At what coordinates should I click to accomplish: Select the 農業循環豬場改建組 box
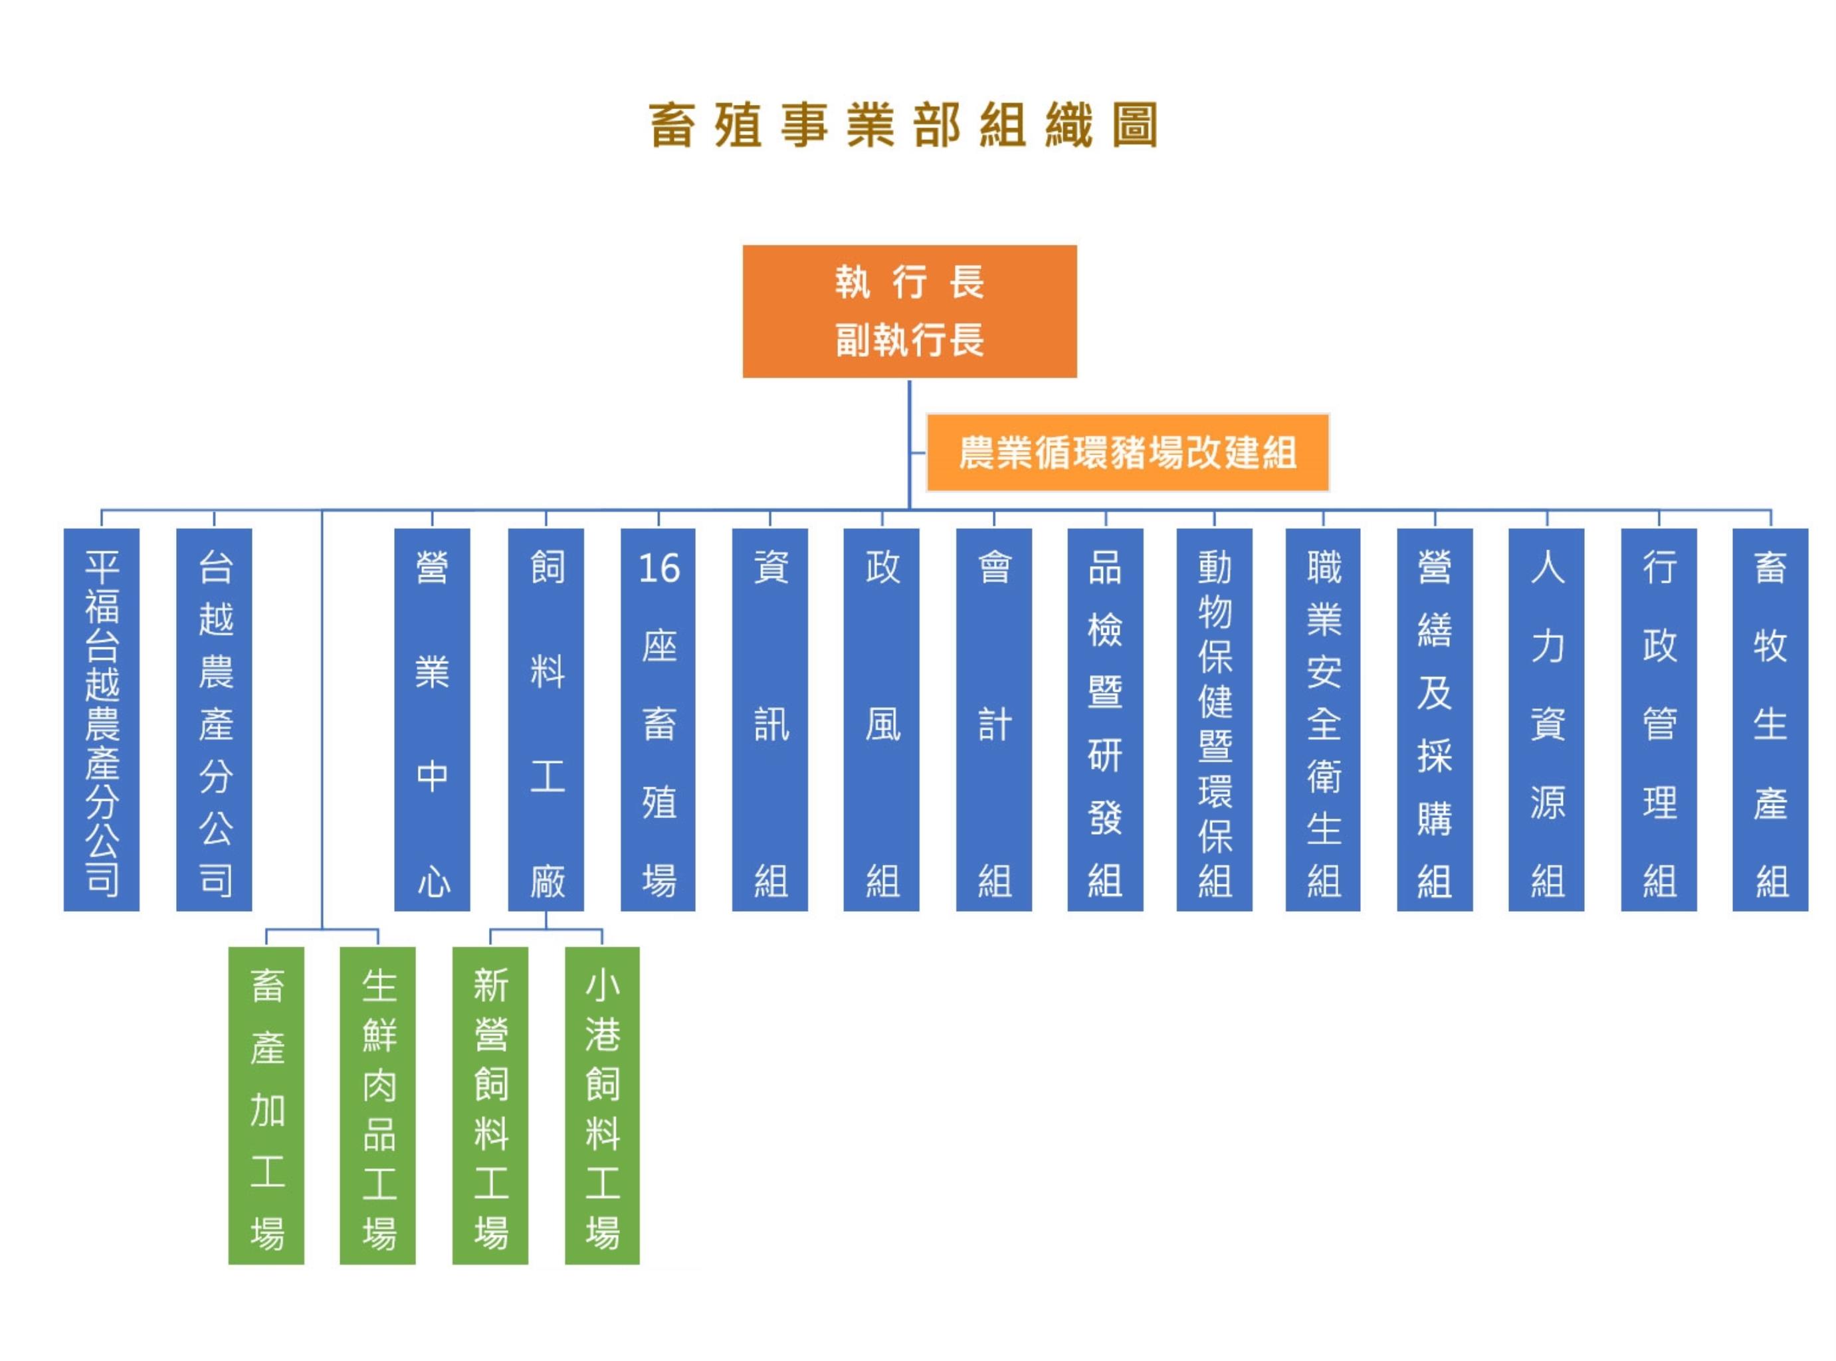tap(1127, 453)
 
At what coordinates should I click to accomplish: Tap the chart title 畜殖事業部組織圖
tap(904, 125)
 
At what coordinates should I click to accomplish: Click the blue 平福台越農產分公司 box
tap(101, 719)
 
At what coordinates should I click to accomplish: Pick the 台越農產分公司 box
tap(214, 719)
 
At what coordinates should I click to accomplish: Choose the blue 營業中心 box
tap(432, 719)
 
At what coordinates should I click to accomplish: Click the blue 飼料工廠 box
tap(546, 719)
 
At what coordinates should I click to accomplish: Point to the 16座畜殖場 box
tap(657, 719)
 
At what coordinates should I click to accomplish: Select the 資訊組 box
tap(769, 719)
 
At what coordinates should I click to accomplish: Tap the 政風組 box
tap(880, 719)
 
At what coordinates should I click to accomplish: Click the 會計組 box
tap(993, 719)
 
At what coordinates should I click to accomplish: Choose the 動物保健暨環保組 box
tap(1214, 719)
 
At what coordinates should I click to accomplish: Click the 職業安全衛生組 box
tap(1323, 719)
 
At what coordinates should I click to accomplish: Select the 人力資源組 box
tap(1546, 719)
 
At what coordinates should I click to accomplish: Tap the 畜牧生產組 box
tap(1770, 719)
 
